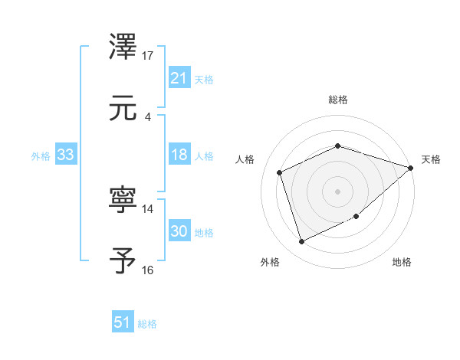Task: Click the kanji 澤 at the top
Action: pyautogui.click(x=124, y=47)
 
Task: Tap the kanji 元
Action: pyautogui.click(x=124, y=109)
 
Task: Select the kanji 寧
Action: pyautogui.click(x=124, y=201)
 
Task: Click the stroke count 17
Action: pyautogui.click(x=148, y=55)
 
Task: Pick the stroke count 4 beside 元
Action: pyautogui.click(x=147, y=116)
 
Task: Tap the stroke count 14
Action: pyautogui.click(x=148, y=208)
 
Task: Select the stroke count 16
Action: pyautogui.click(x=148, y=270)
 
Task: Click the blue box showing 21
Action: pyautogui.click(x=179, y=78)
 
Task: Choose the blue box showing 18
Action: pyautogui.click(x=179, y=155)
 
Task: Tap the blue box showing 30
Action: pyautogui.click(x=179, y=231)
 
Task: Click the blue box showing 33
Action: pyautogui.click(x=65, y=155)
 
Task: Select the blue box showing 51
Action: pyautogui.click(x=122, y=323)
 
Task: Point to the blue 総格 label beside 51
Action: pyautogui.click(x=147, y=324)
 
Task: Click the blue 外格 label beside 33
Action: pyautogui.click(x=41, y=155)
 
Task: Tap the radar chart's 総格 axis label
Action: pyautogui.click(x=337, y=100)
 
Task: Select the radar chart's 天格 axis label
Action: pyautogui.click(x=431, y=159)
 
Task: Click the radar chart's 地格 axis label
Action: pyautogui.click(x=402, y=262)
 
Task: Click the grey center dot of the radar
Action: pyautogui.click(x=337, y=191)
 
